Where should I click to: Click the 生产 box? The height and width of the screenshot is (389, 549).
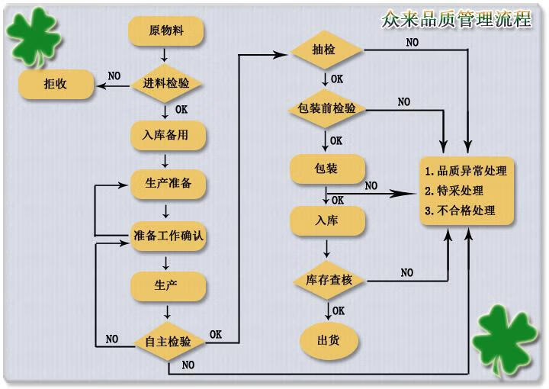pyautogui.click(x=167, y=285)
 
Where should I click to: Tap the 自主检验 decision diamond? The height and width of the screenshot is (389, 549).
pyautogui.click(x=168, y=341)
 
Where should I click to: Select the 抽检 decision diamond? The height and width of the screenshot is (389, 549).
pyautogui.click(x=326, y=51)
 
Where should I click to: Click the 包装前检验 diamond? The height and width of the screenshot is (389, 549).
pyautogui.click(x=326, y=108)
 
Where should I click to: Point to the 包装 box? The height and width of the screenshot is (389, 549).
pyautogui.click(x=327, y=167)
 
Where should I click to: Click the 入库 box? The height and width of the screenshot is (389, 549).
pyautogui.click(x=327, y=220)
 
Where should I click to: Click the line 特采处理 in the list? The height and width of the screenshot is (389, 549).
pyautogui.click(x=458, y=191)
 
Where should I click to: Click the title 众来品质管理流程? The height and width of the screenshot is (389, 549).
pyautogui.click(x=456, y=19)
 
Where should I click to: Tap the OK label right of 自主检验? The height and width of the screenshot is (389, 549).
pyautogui.click(x=217, y=334)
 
